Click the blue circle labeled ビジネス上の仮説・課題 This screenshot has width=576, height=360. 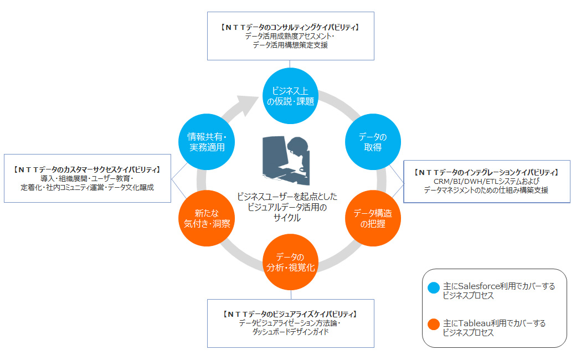coord(290,96)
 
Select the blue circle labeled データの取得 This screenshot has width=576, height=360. coord(373,142)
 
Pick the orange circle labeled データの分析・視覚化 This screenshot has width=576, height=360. coord(290,262)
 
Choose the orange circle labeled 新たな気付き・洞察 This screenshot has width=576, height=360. coord(207,218)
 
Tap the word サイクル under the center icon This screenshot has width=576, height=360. coord(286,218)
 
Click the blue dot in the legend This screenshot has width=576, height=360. coord(434,286)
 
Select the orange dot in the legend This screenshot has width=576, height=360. coord(434,323)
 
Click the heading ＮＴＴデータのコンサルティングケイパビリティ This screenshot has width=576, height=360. coord(290,27)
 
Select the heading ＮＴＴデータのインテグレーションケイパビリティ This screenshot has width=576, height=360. coord(486,172)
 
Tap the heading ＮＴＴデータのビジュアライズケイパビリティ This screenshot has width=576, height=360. coord(290,314)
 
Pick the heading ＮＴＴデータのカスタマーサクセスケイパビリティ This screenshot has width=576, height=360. coord(88,169)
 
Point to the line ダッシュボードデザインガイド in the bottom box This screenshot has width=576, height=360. coord(290,332)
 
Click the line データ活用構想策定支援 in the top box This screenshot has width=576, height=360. coord(290,45)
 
